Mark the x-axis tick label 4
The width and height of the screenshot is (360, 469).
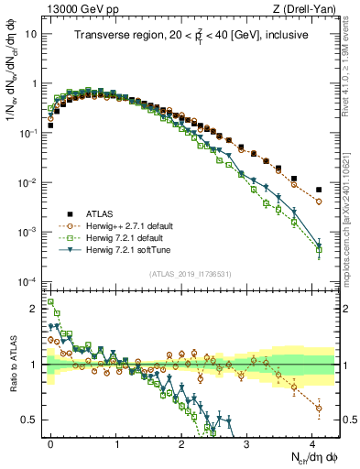tap(312, 442)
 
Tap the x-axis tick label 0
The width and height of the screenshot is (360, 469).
tap(51, 442)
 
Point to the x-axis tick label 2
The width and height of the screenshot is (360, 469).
tap(182, 442)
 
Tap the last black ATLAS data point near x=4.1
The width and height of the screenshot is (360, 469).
tap(319, 190)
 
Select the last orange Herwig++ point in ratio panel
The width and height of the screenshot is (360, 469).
tap(319, 408)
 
